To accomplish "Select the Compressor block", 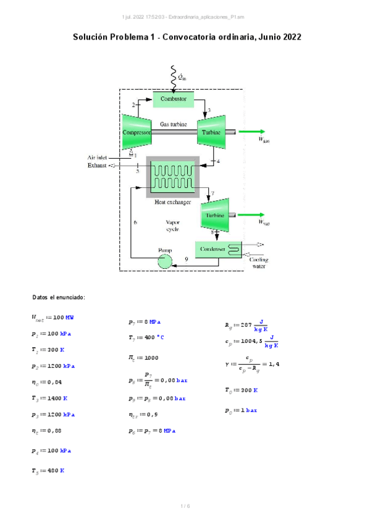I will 137,132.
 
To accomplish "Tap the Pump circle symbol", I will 166,261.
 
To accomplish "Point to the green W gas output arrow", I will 252,132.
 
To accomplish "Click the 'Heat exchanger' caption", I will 172,202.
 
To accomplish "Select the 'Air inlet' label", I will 97,158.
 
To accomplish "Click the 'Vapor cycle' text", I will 172,225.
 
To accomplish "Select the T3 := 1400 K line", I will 49,399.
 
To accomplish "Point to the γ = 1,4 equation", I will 253,365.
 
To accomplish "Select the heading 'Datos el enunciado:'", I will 59,298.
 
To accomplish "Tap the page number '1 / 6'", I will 185,507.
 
